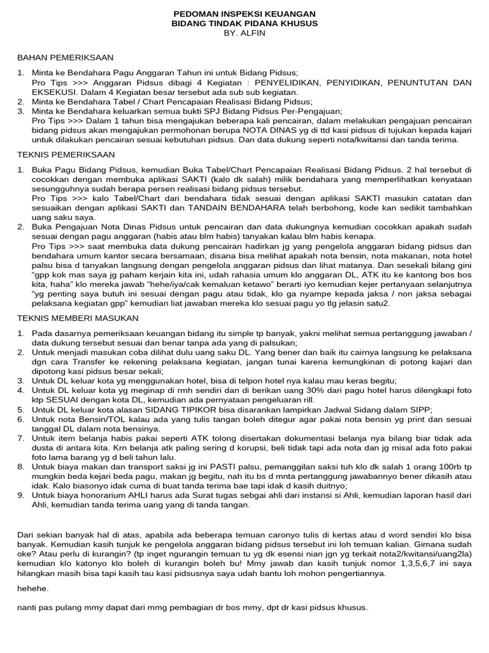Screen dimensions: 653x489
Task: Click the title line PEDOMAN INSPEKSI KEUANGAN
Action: [244, 13]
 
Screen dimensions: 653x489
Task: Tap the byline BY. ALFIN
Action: [244, 33]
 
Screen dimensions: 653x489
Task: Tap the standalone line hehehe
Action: [32, 589]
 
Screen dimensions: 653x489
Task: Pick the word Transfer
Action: [71, 361]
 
